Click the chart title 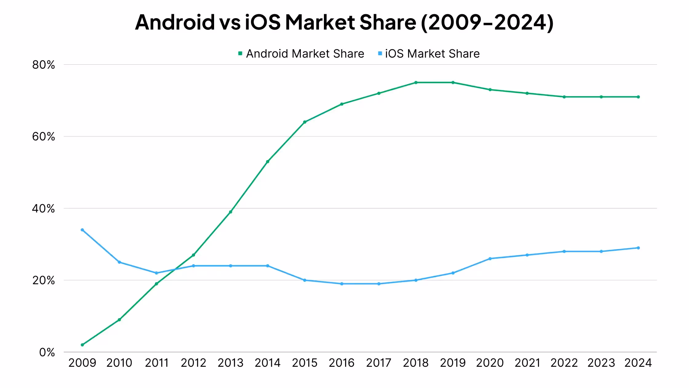(x=344, y=22)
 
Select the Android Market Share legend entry (x=301, y=54)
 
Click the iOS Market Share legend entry (x=429, y=54)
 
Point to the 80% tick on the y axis (x=43, y=65)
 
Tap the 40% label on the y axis (x=43, y=208)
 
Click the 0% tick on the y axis (x=47, y=352)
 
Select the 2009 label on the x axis (x=82, y=363)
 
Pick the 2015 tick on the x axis (x=305, y=363)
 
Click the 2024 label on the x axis (x=638, y=363)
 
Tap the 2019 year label (x=453, y=363)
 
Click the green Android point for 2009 (x=82, y=345)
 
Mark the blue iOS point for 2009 (x=82, y=230)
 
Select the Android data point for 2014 (x=268, y=162)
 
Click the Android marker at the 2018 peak (x=416, y=83)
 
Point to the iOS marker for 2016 (x=342, y=284)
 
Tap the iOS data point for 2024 (x=638, y=248)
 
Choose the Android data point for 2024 (x=638, y=97)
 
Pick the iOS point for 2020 (x=490, y=259)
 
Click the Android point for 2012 (x=193, y=255)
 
